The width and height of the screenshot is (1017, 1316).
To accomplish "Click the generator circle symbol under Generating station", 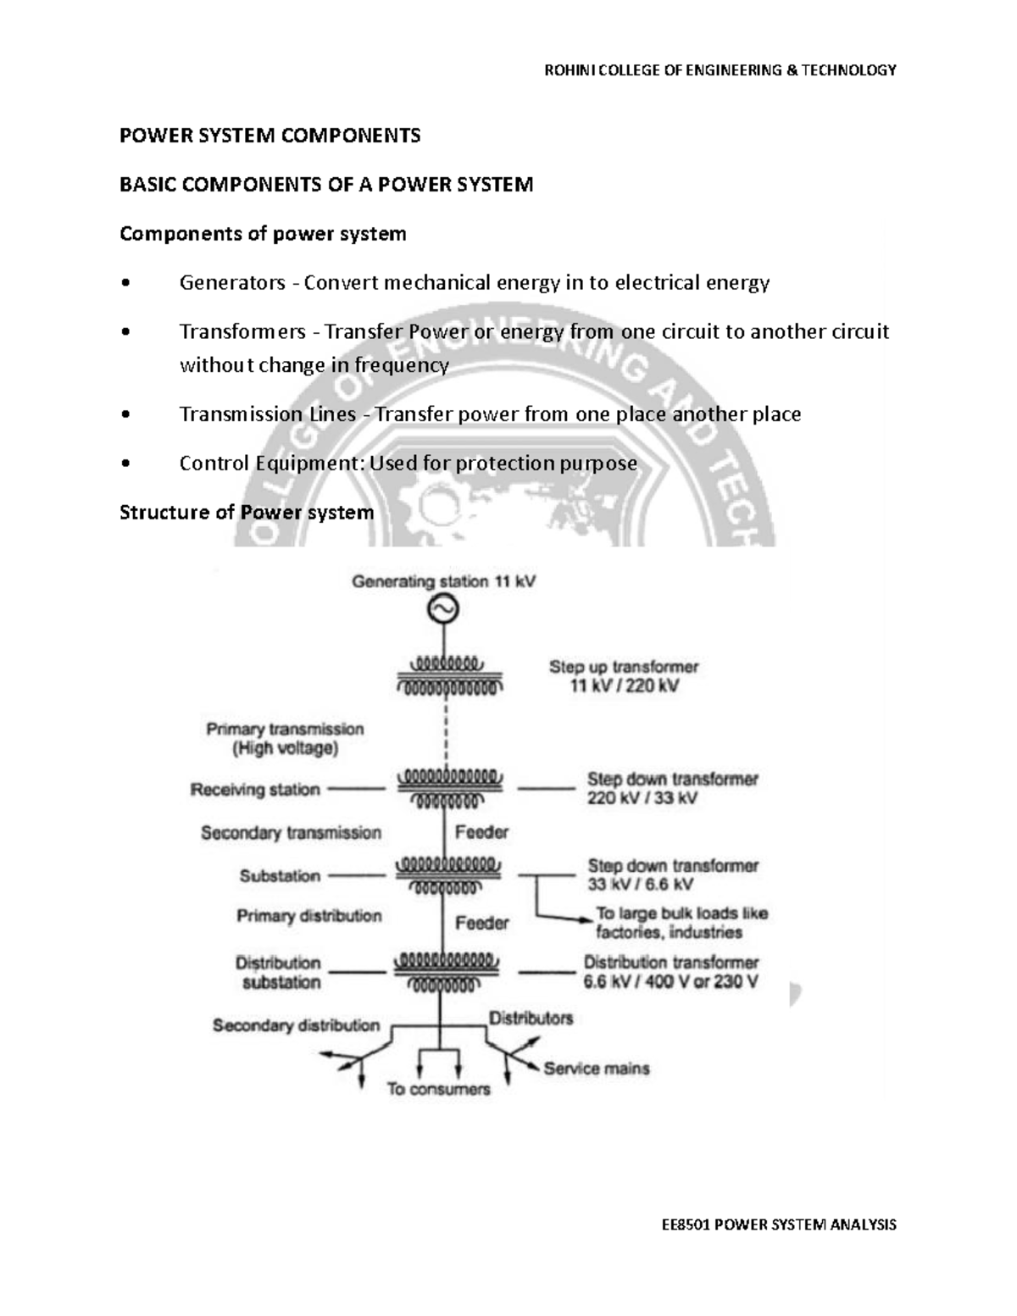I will (442, 608).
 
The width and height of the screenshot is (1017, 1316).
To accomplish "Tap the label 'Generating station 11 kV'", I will (443, 582).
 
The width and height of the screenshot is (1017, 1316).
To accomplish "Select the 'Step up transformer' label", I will (624, 667).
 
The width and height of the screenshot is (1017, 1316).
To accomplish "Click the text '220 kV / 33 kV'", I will (642, 798).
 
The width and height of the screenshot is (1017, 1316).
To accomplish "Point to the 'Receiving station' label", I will (255, 790).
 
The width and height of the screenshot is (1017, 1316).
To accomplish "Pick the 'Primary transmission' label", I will (285, 729).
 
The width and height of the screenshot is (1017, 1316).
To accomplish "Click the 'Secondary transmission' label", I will (291, 833).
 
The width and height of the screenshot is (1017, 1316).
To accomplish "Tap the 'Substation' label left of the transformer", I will (280, 875).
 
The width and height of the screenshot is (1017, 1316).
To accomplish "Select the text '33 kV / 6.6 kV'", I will (640, 885).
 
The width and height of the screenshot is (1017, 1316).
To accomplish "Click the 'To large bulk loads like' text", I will (681, 913).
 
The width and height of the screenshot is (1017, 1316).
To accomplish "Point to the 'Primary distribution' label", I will (308, 916).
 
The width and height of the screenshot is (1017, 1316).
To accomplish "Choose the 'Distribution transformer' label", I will (670, 963).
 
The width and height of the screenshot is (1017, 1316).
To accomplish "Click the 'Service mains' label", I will (597, 1069).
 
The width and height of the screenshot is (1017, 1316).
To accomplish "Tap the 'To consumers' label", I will (438, 1089).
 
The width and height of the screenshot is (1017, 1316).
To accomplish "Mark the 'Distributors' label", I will (531, 1018).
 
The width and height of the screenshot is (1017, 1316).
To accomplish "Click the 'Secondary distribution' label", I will (296, 1025).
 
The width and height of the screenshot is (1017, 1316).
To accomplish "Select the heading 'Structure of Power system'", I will (247, 513).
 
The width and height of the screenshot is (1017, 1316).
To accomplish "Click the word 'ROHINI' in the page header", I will (565, 70).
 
